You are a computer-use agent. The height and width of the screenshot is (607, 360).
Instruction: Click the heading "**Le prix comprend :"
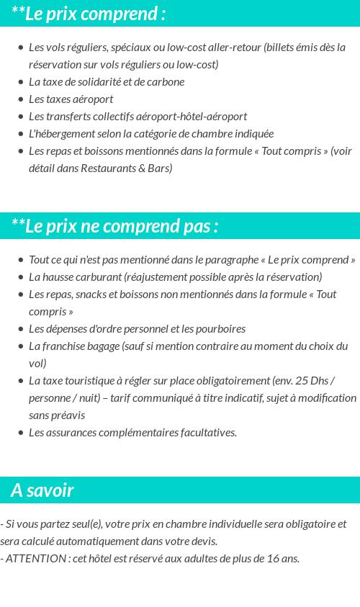click(x=89, y=14)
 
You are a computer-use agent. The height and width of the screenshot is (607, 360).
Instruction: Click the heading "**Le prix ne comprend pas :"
click(x=114, y=226)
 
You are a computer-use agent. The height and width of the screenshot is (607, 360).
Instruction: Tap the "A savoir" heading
click(x=42, y=490)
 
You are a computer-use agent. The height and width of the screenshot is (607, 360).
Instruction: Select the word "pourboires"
click(x=220, y=329)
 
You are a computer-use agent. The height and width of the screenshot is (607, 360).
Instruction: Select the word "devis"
click(x=204, y=541)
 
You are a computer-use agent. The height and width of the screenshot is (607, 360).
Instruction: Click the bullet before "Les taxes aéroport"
click(x=21, y=99)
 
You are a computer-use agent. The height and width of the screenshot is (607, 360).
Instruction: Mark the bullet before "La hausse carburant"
click(x=21, y=277)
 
